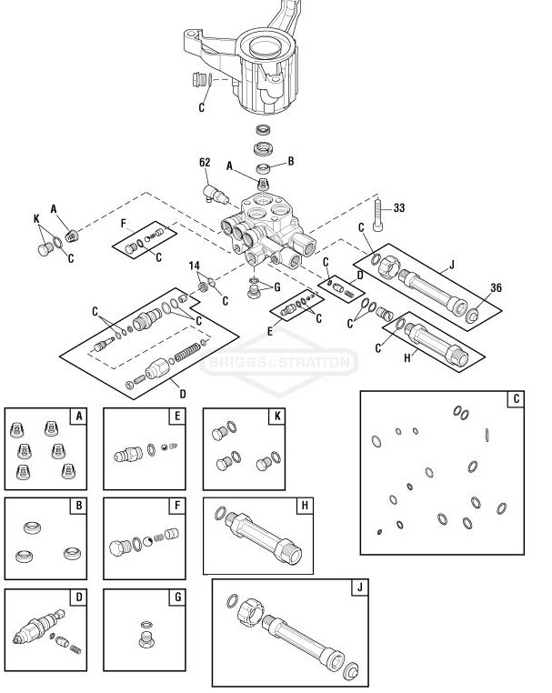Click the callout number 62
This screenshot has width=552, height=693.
point(205,163)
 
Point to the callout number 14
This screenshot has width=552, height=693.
point(194,265)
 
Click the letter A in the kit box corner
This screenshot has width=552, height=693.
point(80,416)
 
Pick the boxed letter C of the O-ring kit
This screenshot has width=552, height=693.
point(516,398)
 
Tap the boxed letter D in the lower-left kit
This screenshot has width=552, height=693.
point(80,598)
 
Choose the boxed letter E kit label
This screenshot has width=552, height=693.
point(178,416)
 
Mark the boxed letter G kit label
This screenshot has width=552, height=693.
point(178,598)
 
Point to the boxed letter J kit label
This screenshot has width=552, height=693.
point(360,587)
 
